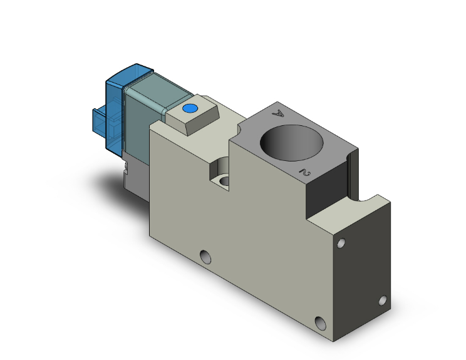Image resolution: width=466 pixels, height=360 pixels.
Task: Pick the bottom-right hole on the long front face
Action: click(321, 323)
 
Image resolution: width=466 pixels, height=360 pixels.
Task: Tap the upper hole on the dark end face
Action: click(341, 243)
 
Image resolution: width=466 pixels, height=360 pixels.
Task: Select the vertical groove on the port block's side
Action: click(352, 169)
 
